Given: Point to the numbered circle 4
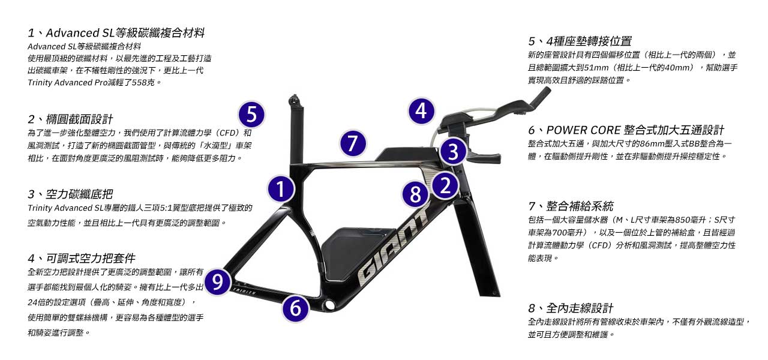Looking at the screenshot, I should tap(421, 111).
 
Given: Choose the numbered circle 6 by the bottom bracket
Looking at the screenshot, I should tap(295, 308).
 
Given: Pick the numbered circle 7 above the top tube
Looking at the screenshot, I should tap(353, 143).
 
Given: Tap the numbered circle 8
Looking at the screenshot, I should tap(415, 194).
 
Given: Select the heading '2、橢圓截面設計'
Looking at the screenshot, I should tap(70, 119).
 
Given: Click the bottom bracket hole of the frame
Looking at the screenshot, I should tap(329, 305).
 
